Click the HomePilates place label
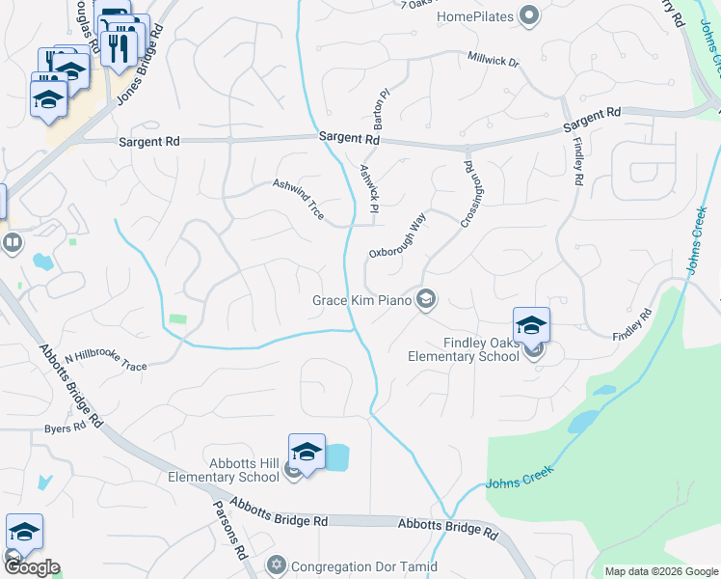pos(476,16)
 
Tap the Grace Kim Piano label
pos(362,300)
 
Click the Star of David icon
pos(277,565)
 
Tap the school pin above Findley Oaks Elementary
pos(531,325)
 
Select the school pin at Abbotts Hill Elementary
pos(307,452)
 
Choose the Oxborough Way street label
pos(396,237)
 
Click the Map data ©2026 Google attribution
pos(661,571)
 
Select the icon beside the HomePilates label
pos(528,16)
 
